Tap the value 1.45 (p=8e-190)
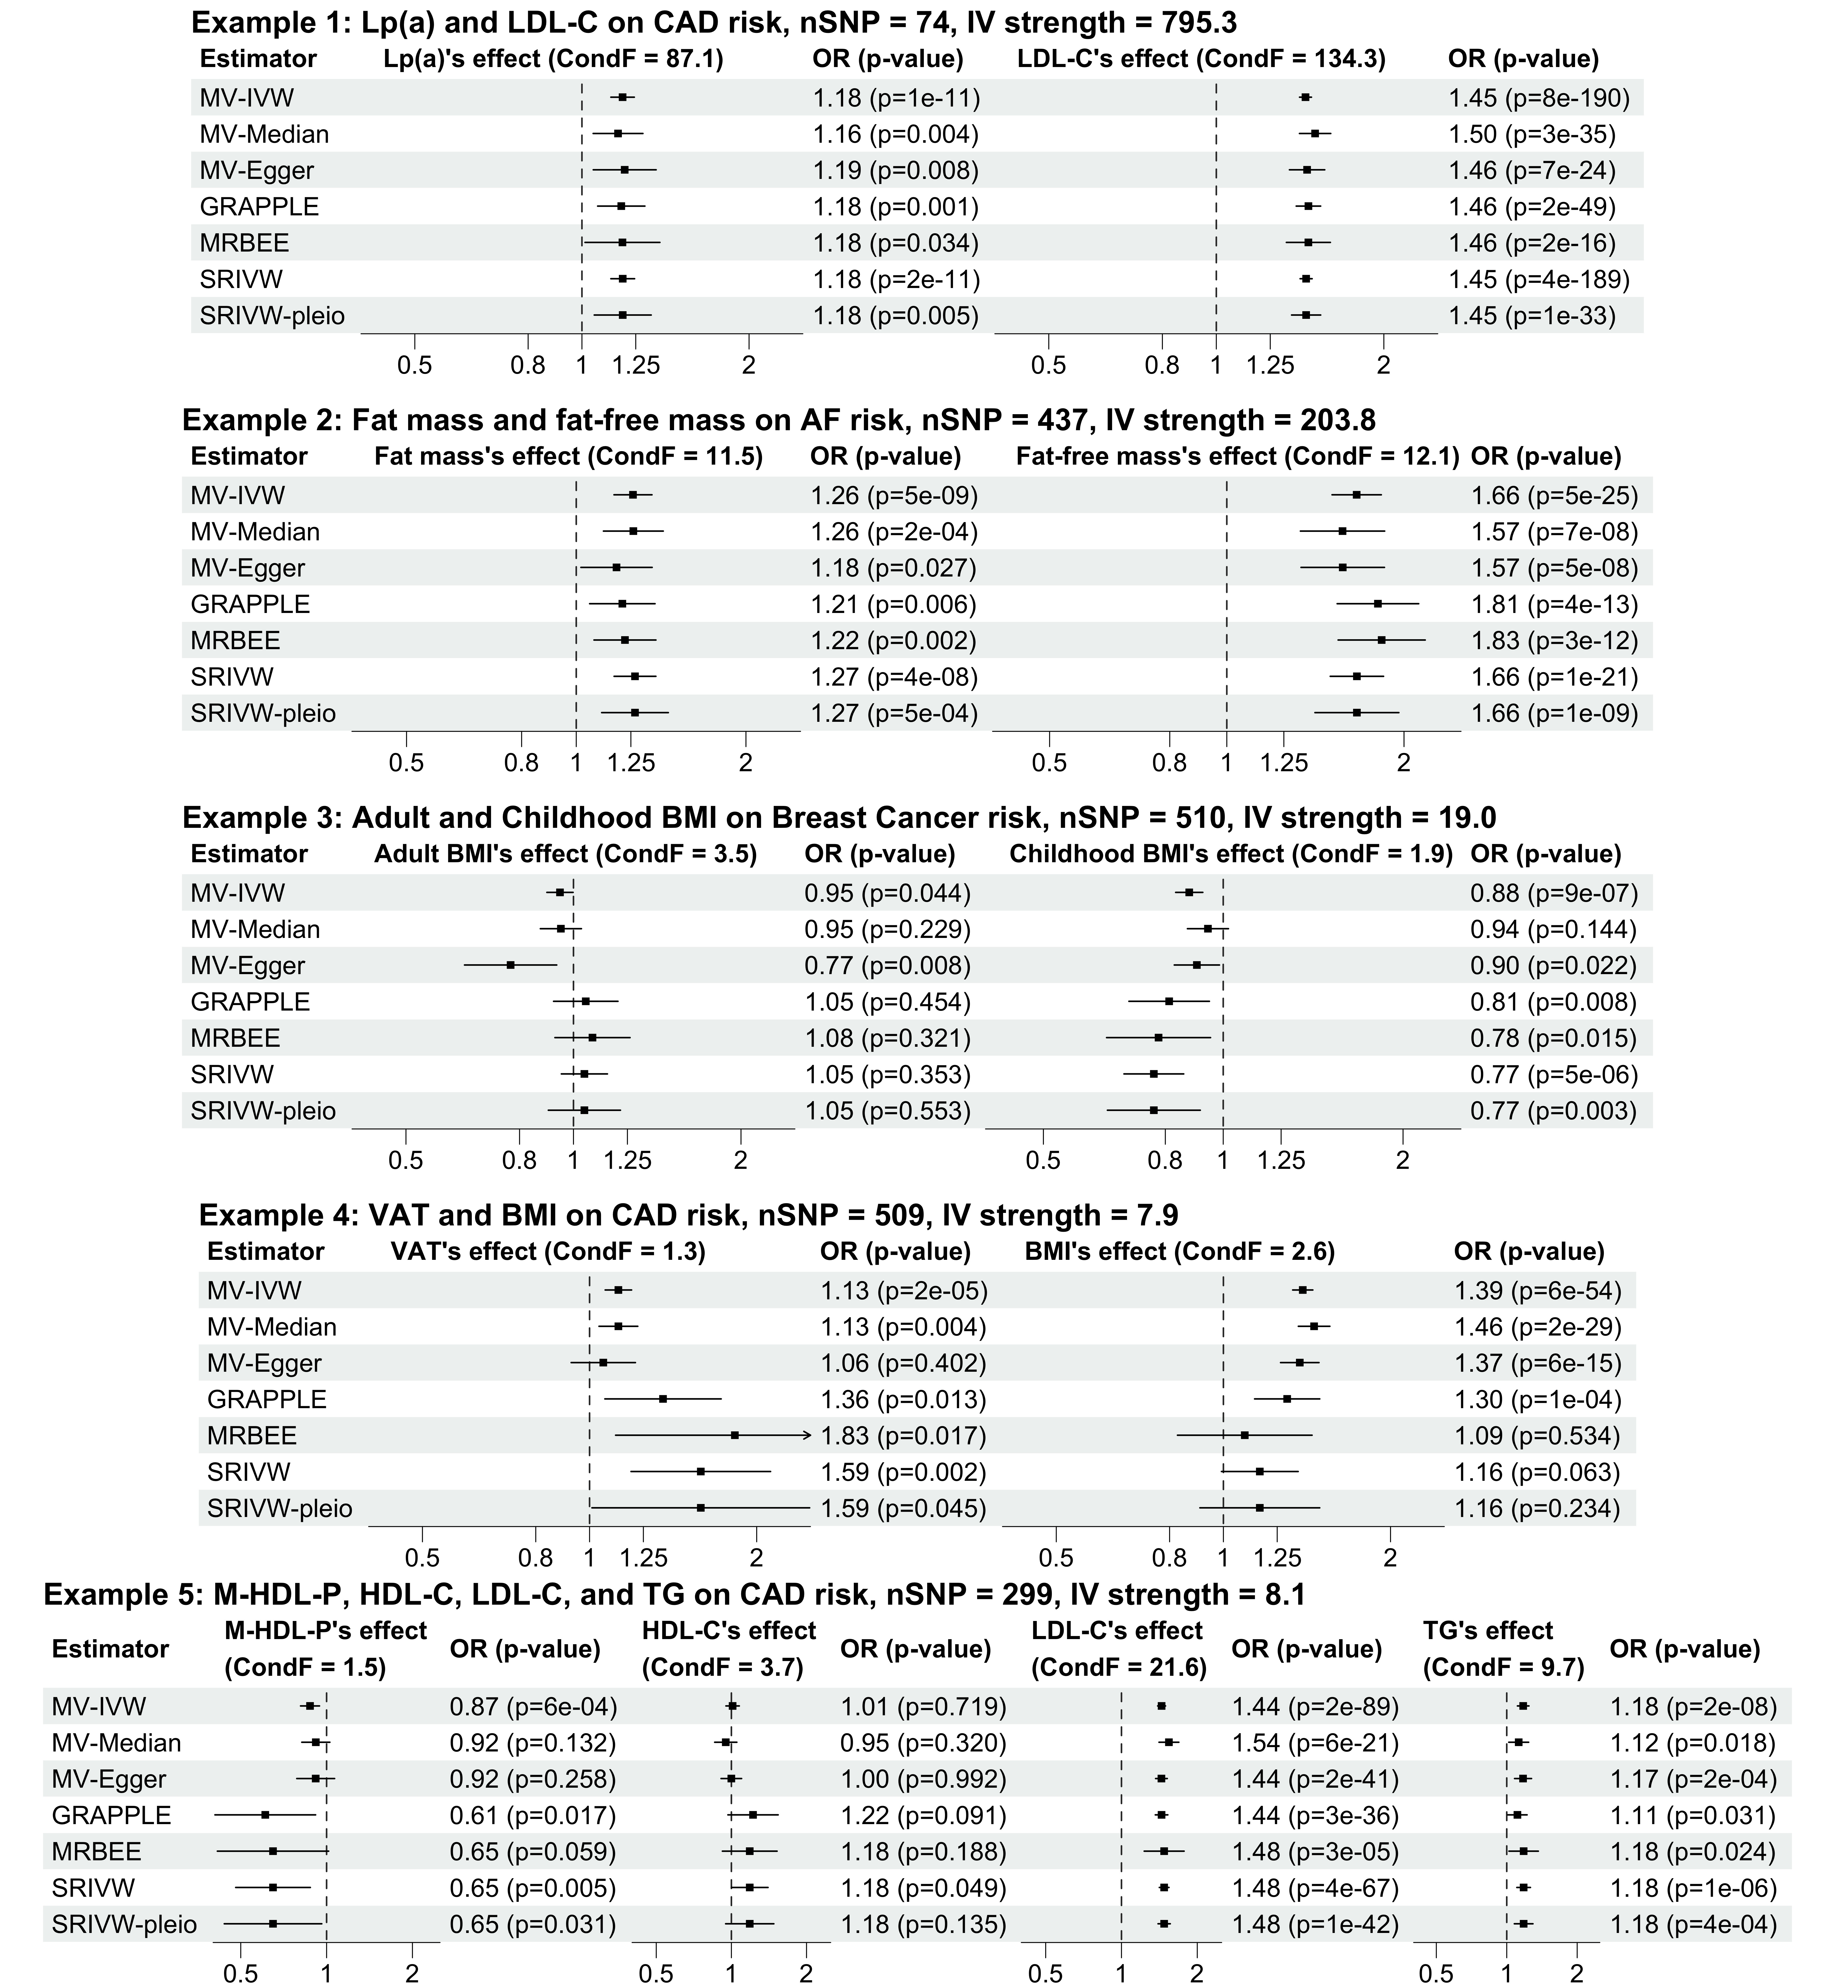pyautogui.click(x=1538, y=97)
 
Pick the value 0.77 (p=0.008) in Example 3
pyautogui.click(x=887, y=965)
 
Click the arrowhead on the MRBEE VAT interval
pyautogui.click(x=807, y=1435)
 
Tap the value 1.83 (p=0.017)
pyautogui.click(x=903, y=1435)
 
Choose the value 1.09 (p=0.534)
pyautogui.click(x=1536, y=1435)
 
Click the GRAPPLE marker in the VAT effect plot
pyautogui.click(x=662, y=1398)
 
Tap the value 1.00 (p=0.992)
pyautogui.click(x=922, y=1778)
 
